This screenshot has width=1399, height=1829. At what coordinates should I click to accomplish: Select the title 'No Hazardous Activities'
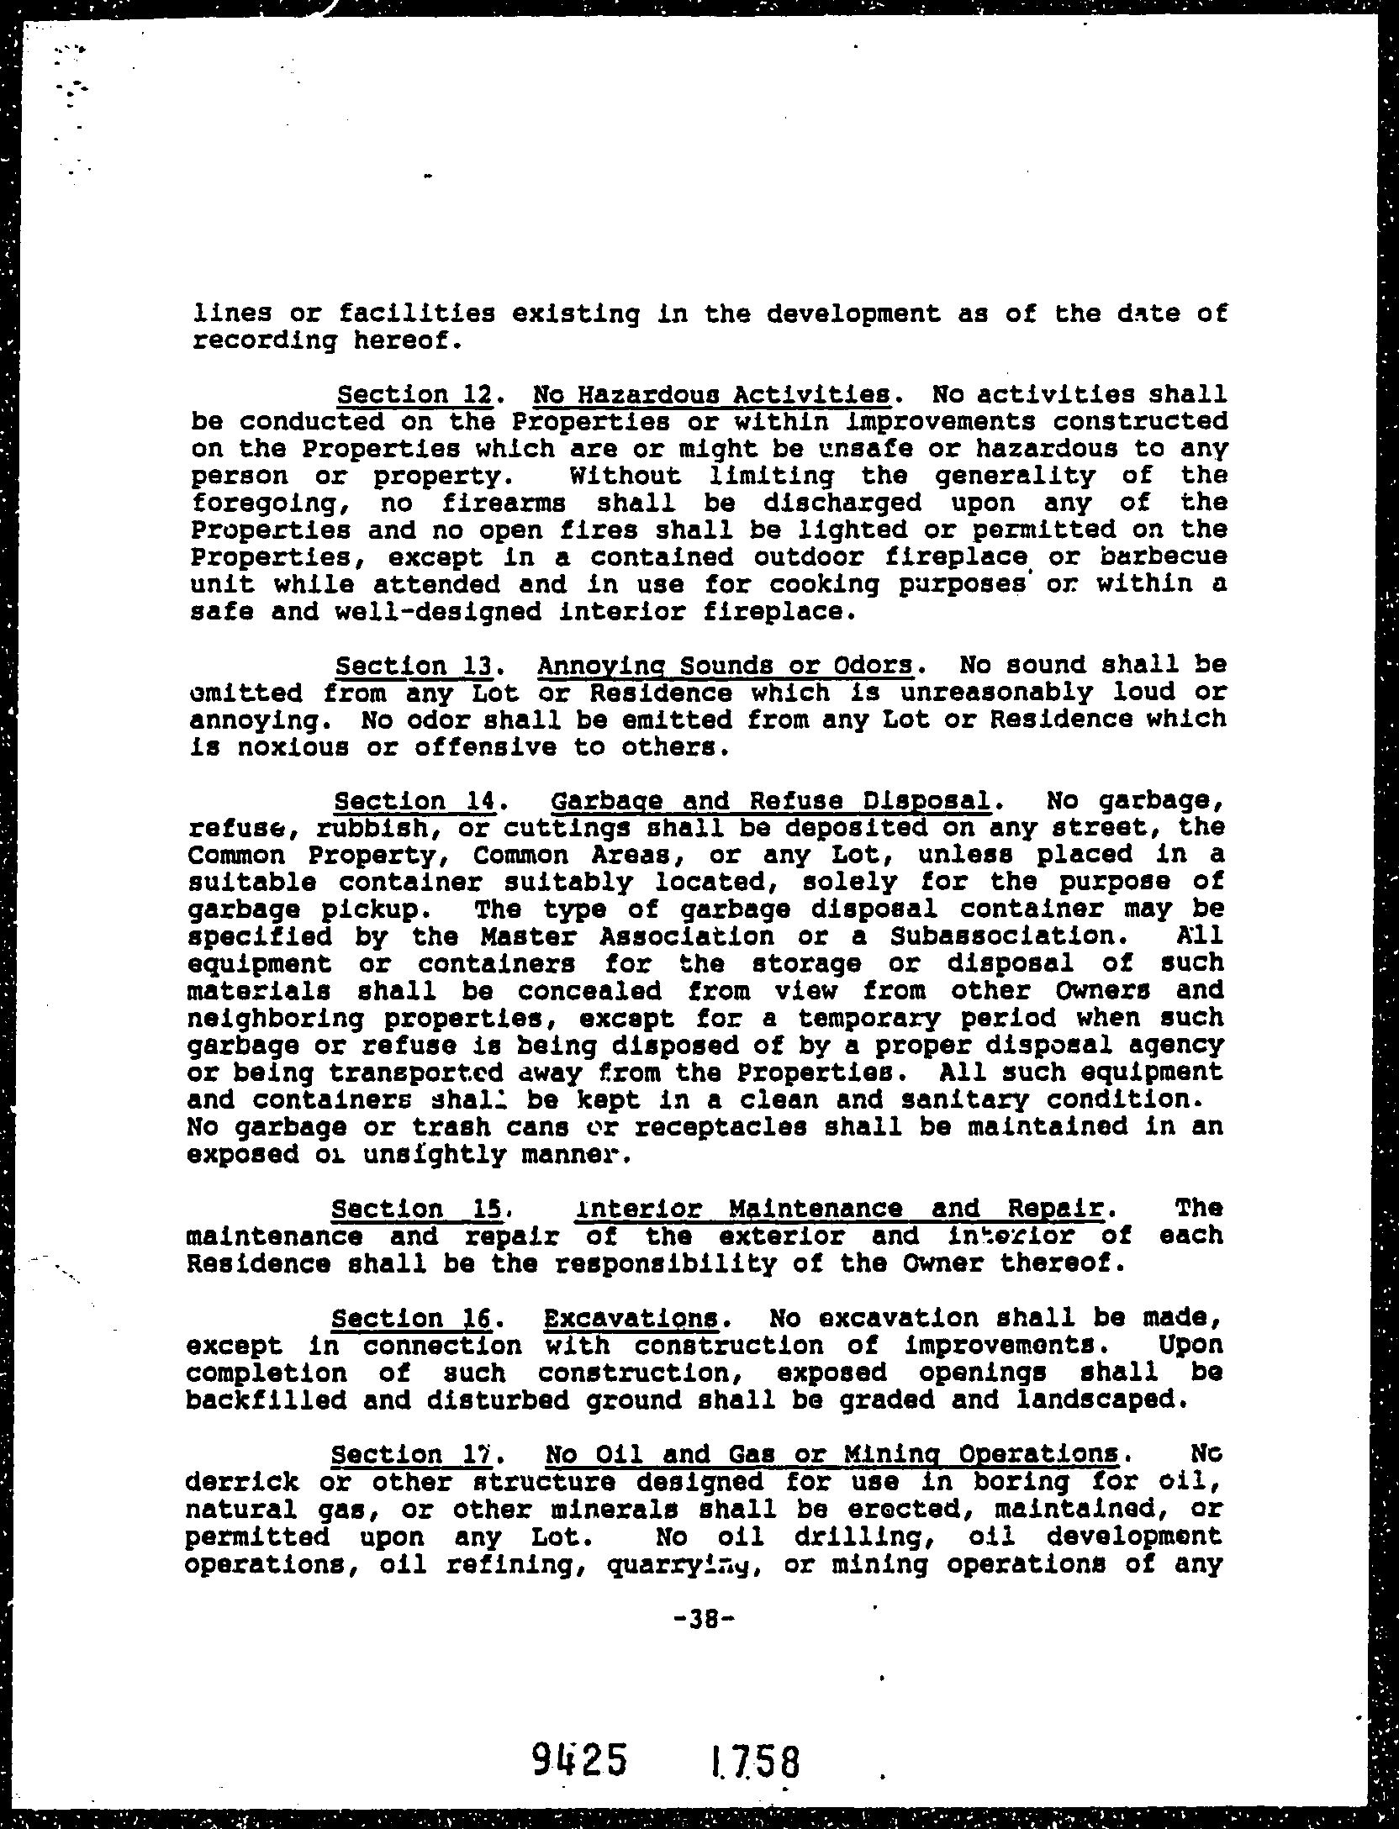tap(712, 394)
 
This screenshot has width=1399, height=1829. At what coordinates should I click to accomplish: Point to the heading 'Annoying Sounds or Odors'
tap(726, 666)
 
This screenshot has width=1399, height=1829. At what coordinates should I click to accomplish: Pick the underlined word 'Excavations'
tap(631, 1318)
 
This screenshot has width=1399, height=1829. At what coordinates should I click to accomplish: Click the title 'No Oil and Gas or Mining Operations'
tap(832, 1454)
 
